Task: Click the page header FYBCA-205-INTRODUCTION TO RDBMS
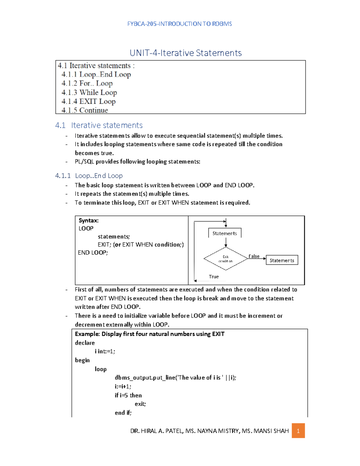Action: (x=179, y=24)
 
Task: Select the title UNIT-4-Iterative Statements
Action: (x=185, y=53)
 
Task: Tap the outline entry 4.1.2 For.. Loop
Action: (x=87, y=83)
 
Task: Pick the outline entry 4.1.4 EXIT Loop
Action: (x=88, y=101)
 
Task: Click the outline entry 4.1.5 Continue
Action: (x=85, y=110)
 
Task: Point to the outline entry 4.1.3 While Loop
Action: (x=89, y=92)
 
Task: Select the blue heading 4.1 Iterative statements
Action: (x=99, y=125)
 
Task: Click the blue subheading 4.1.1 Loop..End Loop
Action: (x=89, y=176)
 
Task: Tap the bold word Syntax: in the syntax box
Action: (x=88, y=221)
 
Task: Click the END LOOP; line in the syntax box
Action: (x=93, y=253)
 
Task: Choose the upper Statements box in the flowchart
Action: (x=225, y=233)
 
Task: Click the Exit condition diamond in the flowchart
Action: (x=226, y=259)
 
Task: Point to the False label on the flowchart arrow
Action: (x=254, y=256)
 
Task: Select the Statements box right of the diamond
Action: (x=282, y=260)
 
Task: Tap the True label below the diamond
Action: (x=214, y=277)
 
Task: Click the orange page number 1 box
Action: (x=298, y=431)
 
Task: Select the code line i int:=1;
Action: (x=105, y=351)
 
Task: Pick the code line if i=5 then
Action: (x=128, y=395)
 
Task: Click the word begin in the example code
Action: (x=82, y=360)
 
